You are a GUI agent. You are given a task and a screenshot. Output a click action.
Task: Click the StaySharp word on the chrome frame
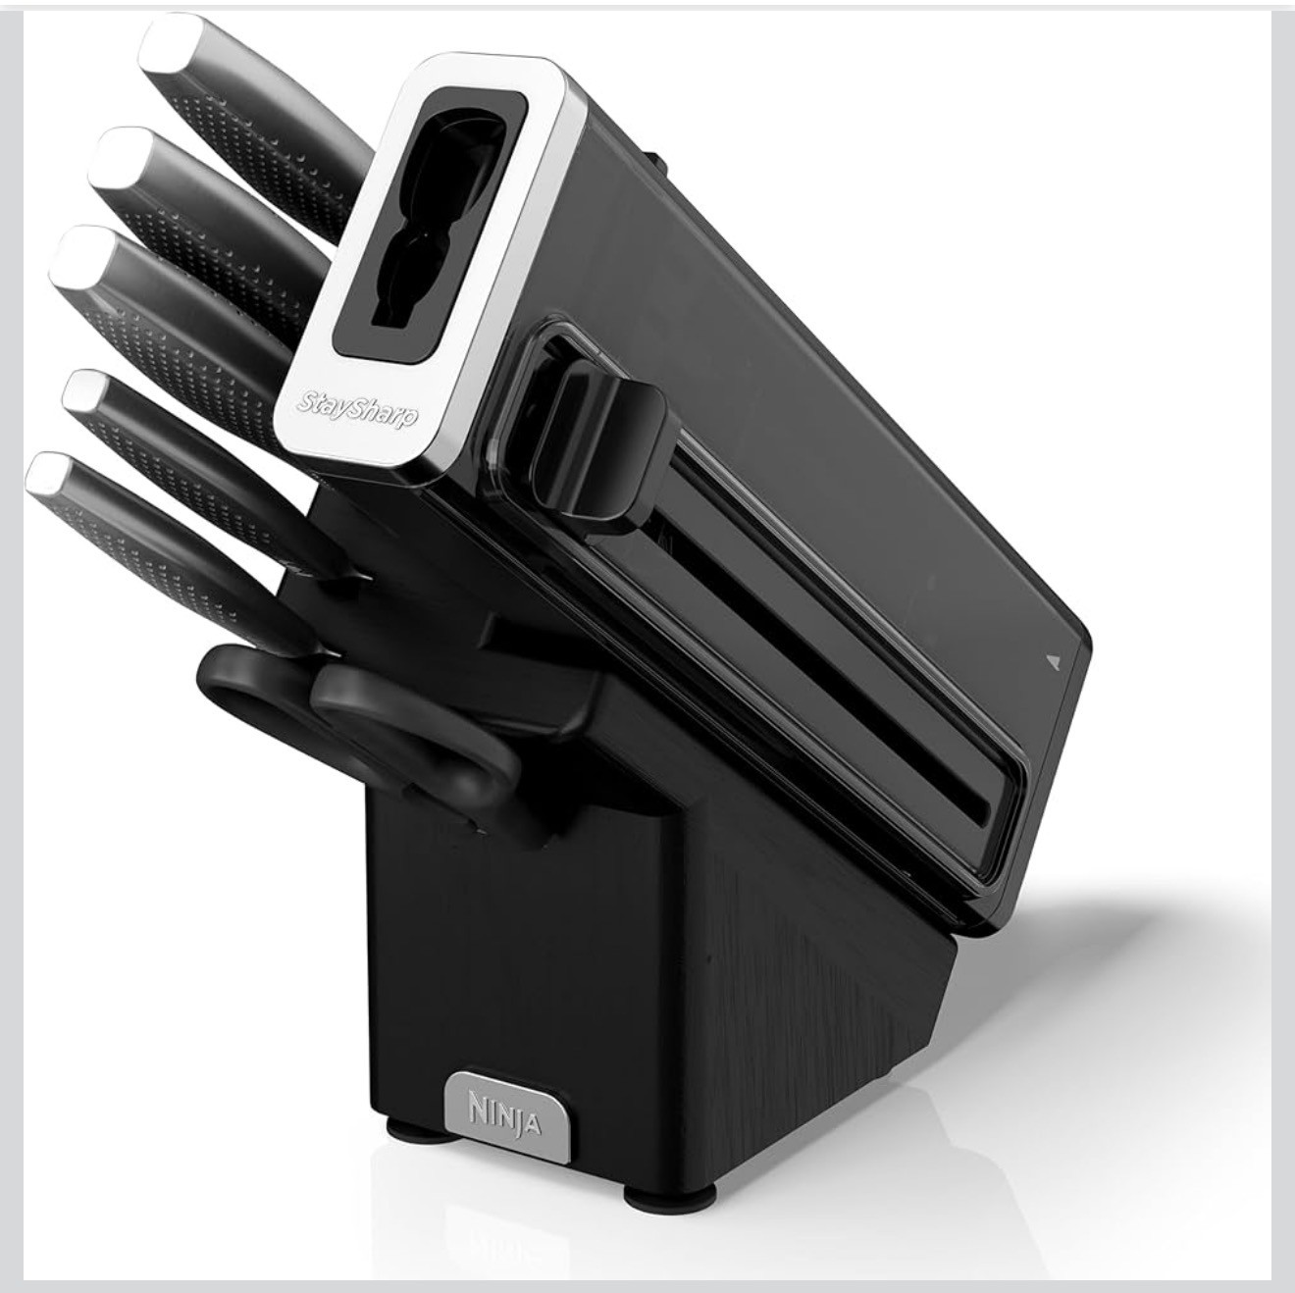[x=357, y=409]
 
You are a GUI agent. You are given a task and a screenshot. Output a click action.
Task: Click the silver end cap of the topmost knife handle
[x=172, y=41]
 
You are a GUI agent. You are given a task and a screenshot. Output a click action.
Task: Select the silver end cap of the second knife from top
[x=122, y=157]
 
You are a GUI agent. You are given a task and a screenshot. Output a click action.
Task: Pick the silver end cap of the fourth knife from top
[x=86, y=392]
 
